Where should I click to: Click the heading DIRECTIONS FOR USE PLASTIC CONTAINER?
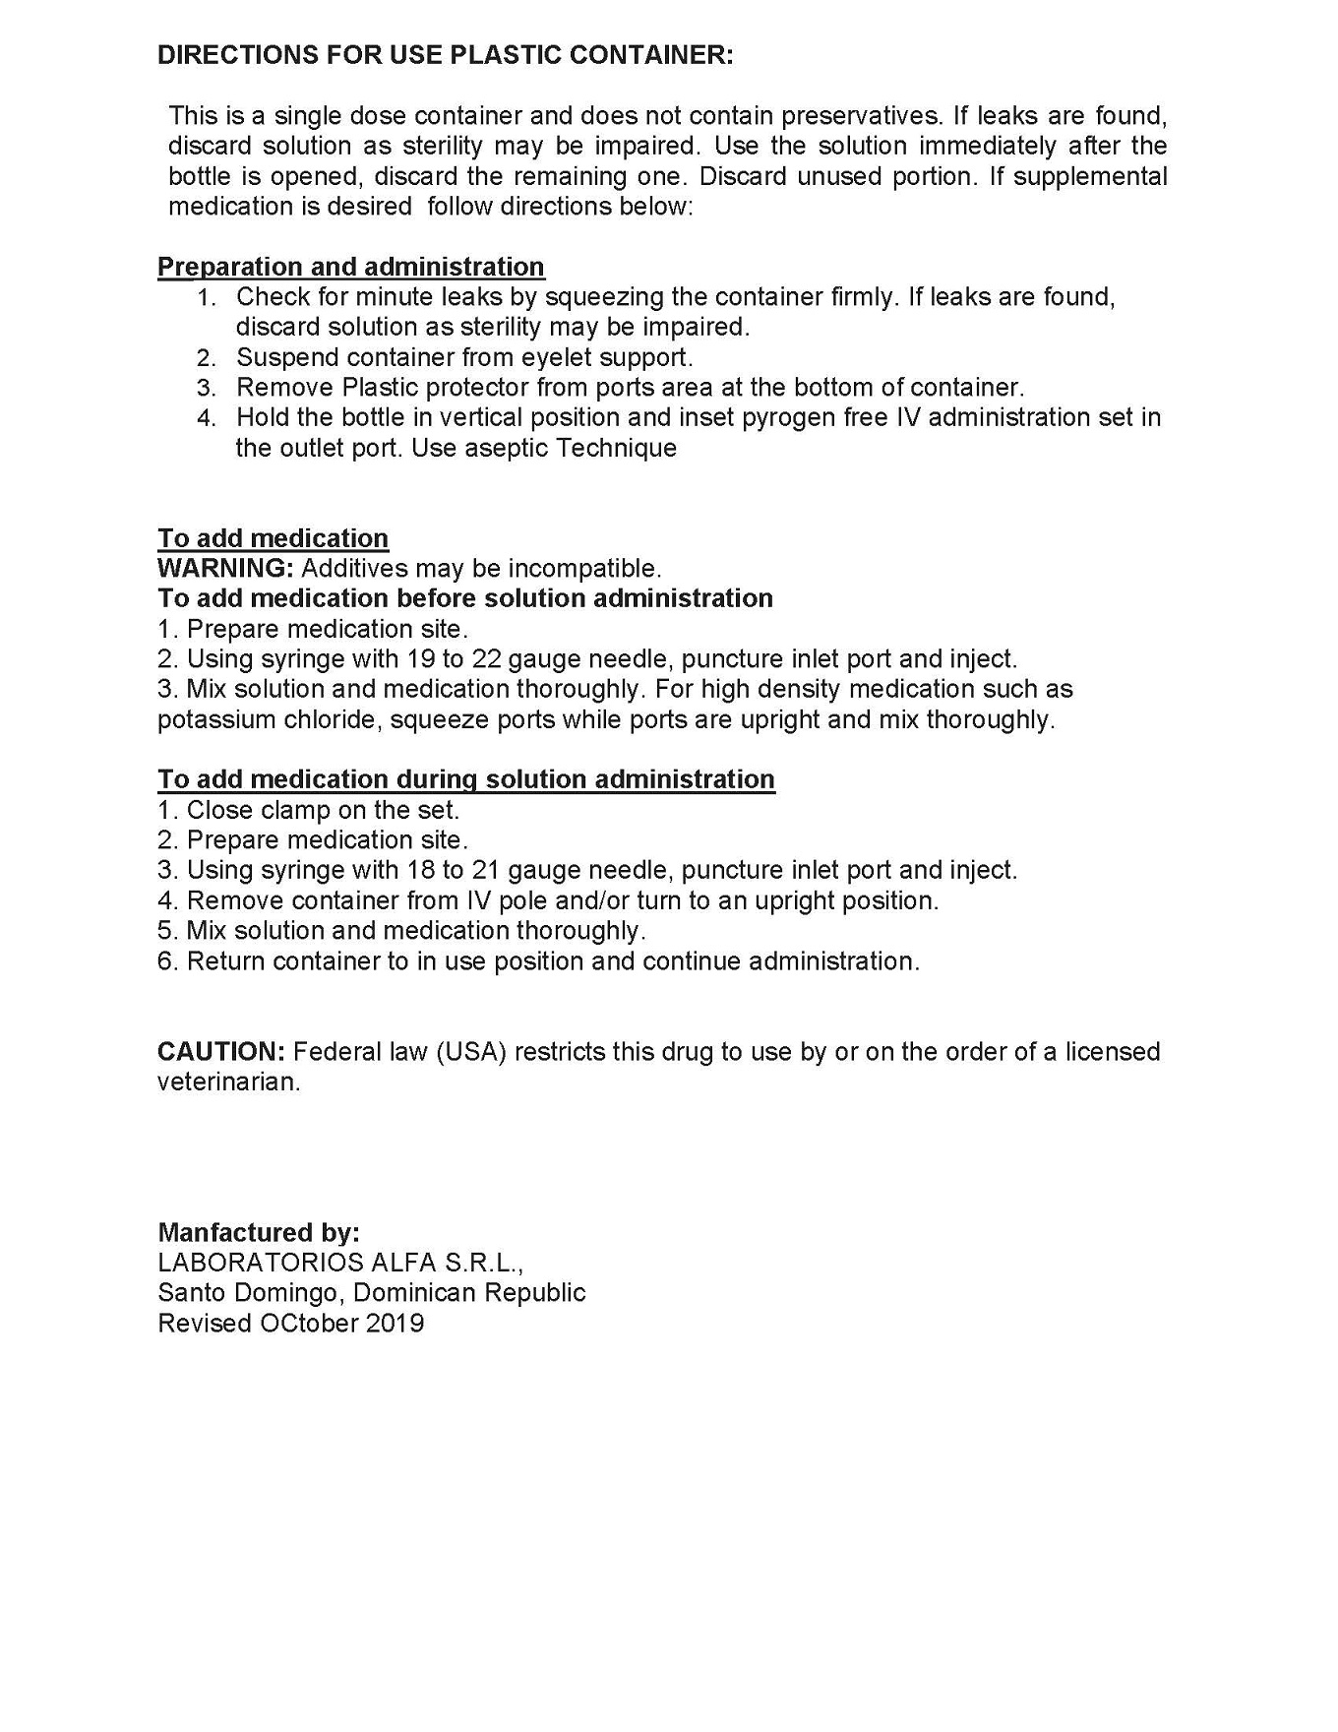coord(445,55)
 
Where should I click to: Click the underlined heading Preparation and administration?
coord(350,267)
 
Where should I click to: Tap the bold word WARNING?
coord(225,568)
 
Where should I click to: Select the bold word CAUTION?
coord(220,1051)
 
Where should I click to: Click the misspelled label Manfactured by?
coord(258,1232)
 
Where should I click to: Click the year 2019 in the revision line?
coord(395,1323)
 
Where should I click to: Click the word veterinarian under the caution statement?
coord(228,1082)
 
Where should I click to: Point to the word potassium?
coord(216,719)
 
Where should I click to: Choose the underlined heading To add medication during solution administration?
coord(465,779)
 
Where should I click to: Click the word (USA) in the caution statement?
coord(470,1051)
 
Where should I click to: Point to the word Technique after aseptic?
coord(616,448)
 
